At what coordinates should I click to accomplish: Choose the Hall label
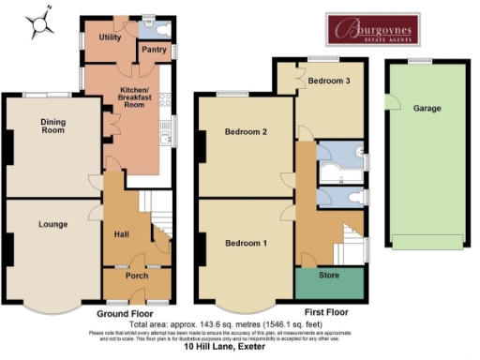[121, 234]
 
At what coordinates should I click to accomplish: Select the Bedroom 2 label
[247, 132]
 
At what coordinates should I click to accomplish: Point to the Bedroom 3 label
[329, 82]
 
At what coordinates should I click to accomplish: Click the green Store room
[329, 278]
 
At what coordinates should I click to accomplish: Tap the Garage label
[427, 108]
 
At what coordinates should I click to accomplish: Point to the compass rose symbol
[38, 25]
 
